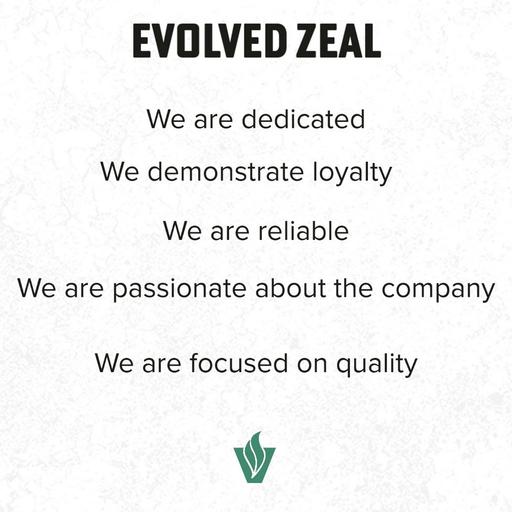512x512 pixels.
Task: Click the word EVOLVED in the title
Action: [x=207, y=41]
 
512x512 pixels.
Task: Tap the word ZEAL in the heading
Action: [x=338, y=41]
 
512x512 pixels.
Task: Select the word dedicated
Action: [x=303, y=119]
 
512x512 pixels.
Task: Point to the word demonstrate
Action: [x=225, y=172]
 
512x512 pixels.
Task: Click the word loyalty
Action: [x=352, y=173]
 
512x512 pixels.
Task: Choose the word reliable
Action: [x=303, y=230]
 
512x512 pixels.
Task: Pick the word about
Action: [x=290, y=288]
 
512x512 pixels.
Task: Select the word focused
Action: [x=238, y=362]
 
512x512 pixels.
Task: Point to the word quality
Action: [x=377, y=364]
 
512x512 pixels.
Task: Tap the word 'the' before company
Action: [x=353, y=288]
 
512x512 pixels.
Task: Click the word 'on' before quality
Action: [x=312, y=364]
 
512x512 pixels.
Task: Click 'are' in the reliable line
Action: [x=229, y=232]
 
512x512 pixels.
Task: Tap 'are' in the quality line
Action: [x=161, y=364]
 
